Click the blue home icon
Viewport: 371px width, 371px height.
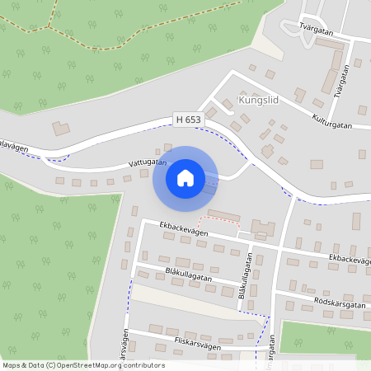click(x=185, y=177)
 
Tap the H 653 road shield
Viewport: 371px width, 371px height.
click(x=188, y=120)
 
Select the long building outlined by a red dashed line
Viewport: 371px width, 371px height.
click(x=224, y=216)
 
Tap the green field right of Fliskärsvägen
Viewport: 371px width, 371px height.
click(x=326, y=338)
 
